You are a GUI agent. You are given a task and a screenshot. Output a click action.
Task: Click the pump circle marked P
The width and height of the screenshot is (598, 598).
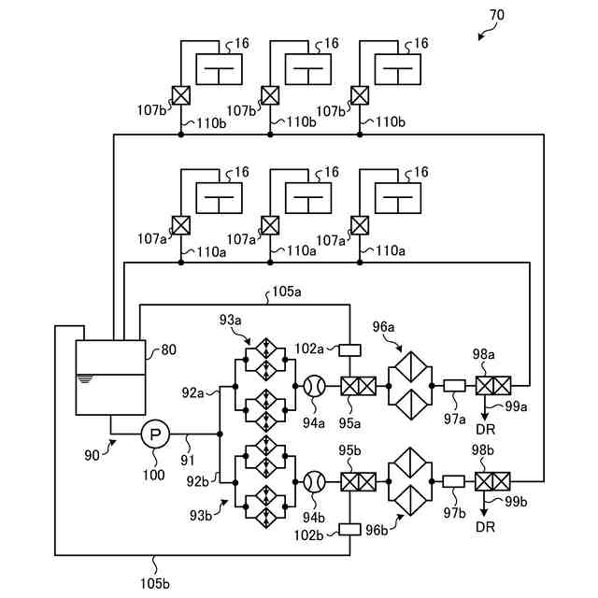(x=155, y=434)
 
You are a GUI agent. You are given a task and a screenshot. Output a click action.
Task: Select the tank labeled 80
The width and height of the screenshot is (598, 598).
(x=110, y=377)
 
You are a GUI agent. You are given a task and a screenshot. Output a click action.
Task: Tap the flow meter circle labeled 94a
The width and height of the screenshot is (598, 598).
(x=315, y=386)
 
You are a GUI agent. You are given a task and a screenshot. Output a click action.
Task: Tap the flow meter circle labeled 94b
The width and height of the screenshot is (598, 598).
(x=315, y=482)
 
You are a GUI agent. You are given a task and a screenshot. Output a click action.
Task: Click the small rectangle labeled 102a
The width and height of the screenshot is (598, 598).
(x=349, y=350)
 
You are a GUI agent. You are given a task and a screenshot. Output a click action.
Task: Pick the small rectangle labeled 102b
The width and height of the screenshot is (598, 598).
(x=349, y=530)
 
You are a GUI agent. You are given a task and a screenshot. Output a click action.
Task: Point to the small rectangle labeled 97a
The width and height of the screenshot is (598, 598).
(x=454, y=386)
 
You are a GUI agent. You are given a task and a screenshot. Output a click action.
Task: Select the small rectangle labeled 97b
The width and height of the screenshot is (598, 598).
(x=454, y=481)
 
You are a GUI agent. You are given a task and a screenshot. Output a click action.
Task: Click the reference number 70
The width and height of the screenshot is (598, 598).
(x=496, y=15)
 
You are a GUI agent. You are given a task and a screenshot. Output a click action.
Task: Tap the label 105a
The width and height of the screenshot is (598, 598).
(x=287, y=292)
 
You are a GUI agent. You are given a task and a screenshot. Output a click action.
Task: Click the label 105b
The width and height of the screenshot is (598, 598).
(x=155, y=583)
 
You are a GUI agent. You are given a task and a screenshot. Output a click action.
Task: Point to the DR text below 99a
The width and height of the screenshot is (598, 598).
(x=486, y=430)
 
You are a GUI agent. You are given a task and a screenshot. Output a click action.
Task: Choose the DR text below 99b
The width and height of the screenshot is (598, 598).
(x=486, y=527)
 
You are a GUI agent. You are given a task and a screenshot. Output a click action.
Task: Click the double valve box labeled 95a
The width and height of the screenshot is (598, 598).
(x=359, y=386)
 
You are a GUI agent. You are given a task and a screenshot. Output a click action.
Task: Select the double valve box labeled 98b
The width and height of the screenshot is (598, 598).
(x=492, y=481)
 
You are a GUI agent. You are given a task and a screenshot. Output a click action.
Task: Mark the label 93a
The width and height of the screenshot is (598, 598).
(x=231, y=320)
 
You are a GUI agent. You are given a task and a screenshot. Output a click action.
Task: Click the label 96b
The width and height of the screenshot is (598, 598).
(x=377, y=530)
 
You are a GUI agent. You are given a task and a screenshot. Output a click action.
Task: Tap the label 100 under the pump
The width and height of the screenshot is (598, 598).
(x=153, y=475)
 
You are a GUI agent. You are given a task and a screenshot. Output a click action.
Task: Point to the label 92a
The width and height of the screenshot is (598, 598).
(x=192, y=392)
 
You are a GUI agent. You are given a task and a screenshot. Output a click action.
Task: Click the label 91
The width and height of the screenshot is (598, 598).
(x=188, y=461)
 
